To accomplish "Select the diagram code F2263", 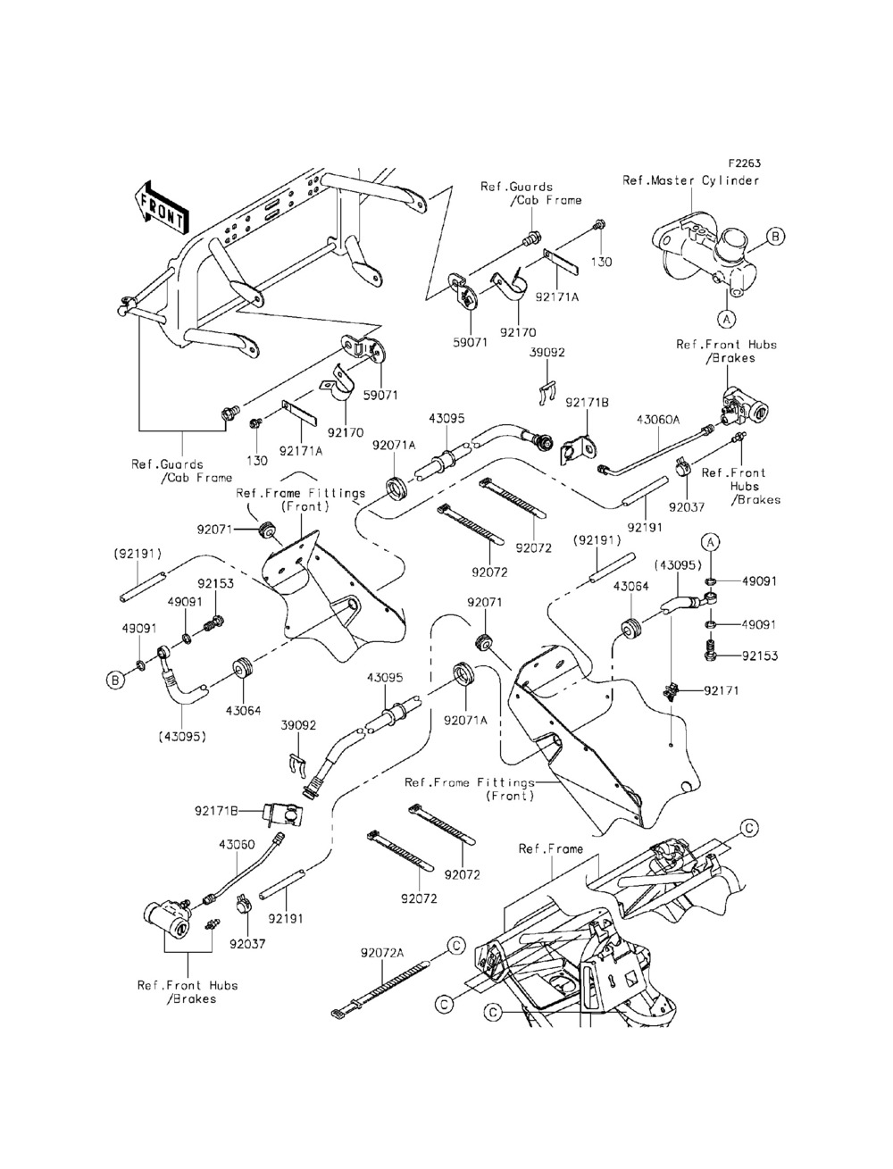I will (744, 164).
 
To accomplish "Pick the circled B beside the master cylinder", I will (776, 237).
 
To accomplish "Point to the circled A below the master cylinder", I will (726, 316).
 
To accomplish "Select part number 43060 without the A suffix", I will (237, 843).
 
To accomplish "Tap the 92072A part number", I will (383, 953).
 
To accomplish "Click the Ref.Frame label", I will (550, 849).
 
